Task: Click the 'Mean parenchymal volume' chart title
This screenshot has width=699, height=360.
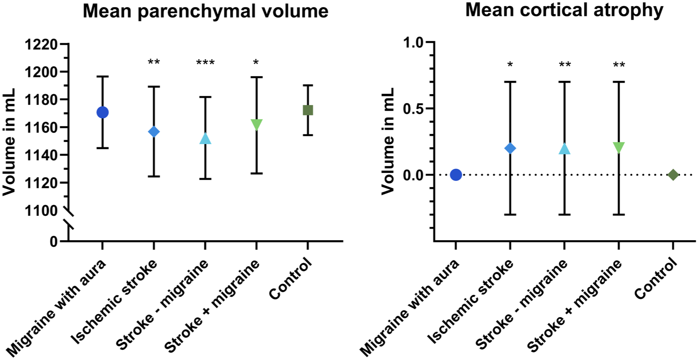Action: tap(205, 11)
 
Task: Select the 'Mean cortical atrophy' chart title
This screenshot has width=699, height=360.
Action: tap(564, 10)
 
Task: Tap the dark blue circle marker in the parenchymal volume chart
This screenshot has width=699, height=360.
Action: tap(102, 112)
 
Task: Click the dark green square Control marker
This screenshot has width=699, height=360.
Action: tap(307, 110)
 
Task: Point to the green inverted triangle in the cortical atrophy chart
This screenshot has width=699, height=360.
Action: tap(618, 148)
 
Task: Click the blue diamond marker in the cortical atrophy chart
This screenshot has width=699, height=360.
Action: tap(510, 148)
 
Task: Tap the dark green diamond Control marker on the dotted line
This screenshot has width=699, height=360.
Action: tap(673, 175)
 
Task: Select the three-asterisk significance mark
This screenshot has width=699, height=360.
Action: tap(205, 63)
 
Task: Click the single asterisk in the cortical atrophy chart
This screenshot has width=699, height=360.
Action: tap(510, 65)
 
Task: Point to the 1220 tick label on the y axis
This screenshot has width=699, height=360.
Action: tap(41, 45)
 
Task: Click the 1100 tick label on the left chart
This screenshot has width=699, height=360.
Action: tap(41, 211)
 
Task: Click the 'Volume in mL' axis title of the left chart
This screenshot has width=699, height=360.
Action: tap(9, 142)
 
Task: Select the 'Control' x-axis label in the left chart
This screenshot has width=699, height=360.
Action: tap(291, 279)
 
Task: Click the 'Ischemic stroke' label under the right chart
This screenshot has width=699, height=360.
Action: tap(470, 301)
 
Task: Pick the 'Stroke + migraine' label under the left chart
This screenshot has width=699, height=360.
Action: tap(212, 306)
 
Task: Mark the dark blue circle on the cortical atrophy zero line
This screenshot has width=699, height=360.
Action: tap(456, 175)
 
